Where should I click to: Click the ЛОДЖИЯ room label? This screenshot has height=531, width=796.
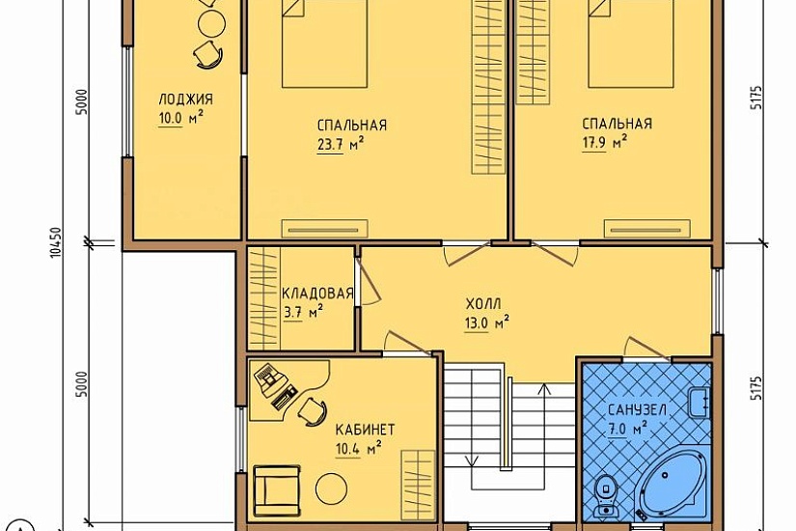point(185,99)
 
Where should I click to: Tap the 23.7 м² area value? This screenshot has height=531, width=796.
point(342,145)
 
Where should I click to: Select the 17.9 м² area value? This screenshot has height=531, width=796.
point(604,143)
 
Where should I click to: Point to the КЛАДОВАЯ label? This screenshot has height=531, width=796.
point(317,293)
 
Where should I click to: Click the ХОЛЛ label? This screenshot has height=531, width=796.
point(483,304)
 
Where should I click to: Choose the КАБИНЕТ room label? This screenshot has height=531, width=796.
point(365,430)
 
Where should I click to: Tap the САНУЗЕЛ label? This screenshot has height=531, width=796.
point(637,410)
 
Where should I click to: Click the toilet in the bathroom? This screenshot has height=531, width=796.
point(605,494)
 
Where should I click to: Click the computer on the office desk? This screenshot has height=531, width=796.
point(268,378)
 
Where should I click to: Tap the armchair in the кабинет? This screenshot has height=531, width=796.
point(276,490)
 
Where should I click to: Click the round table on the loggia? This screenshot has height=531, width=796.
point(211,24)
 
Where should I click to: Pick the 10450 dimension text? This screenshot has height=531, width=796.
point(56,242)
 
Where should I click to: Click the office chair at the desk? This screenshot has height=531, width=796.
point(312,410)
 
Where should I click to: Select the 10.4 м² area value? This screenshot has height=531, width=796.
point(358,449)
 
